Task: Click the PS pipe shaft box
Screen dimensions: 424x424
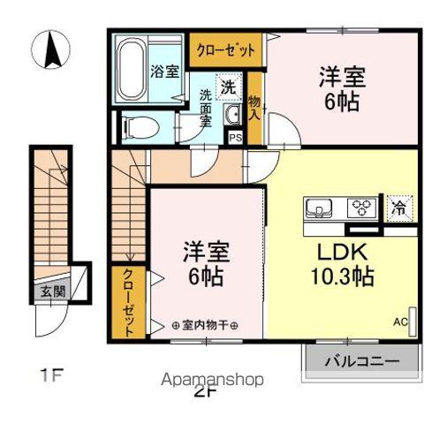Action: [236, 137]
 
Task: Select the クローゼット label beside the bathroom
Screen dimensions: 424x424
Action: [225, 49]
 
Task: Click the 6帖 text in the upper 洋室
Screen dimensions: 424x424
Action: [340, 102]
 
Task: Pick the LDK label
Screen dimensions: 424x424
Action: [336, 250]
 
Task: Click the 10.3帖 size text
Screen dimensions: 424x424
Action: [340, 276]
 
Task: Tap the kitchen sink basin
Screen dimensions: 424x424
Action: [319, 209]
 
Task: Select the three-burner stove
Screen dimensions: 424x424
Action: [360, 208]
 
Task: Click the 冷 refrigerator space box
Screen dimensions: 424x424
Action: [399, 208]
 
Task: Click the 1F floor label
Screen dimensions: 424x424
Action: [50, 376]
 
